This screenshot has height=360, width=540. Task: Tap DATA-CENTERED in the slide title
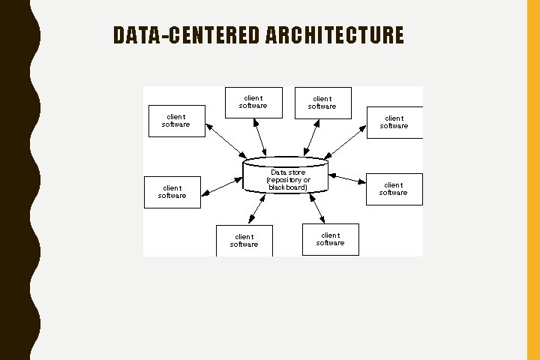click(187, 35)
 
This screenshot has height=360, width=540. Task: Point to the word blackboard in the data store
click(288, 187)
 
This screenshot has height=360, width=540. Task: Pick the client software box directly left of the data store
click(172, 192)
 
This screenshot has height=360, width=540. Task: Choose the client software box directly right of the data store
click(394, 189)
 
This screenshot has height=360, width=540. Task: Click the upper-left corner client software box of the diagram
click(175, 120)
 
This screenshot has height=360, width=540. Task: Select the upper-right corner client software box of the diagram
click(394, 122)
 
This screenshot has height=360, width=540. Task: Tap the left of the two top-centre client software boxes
click(253, 102)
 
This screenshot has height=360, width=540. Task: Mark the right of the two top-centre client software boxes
click(322, 103)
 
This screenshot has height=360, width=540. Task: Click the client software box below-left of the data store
click(244, 240)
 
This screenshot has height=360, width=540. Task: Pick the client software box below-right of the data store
click(330, 239)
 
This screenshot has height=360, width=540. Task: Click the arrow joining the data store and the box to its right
click(346, 179)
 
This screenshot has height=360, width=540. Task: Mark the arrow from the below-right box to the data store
click(316, 208)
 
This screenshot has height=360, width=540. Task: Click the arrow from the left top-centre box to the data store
click(259, 137)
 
